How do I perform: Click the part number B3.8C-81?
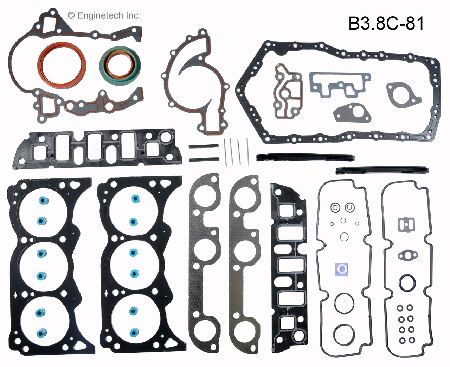click(x=386, y=24)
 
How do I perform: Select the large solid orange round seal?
click(x=62, y=64)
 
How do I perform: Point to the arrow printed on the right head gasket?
click(x=106, y=293)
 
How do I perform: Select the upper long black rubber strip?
click(x=305, y=157)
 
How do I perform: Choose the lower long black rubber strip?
click(x=382, y=170)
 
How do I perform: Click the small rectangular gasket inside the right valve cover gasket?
click(x=406, y=224)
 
